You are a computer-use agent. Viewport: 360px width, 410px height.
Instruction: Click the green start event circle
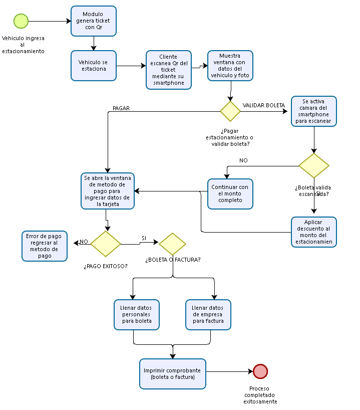pos(21,21)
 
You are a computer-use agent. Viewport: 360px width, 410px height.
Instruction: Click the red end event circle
pos(260,371)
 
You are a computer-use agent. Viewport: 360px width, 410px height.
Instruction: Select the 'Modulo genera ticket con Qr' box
pos(94,21)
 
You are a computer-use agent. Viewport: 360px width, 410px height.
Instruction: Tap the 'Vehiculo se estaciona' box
pos(94,66)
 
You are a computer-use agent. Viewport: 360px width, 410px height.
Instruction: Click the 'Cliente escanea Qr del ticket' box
pos(169,70)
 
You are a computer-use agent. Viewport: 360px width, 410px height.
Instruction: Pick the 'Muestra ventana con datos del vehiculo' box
pos(230,66)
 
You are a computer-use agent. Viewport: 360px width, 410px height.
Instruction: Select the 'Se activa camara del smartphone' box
pos(314,111)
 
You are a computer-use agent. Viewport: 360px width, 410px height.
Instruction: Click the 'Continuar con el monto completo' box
pos(230,193)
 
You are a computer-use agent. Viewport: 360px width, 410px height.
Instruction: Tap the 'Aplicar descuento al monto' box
pos(314,232)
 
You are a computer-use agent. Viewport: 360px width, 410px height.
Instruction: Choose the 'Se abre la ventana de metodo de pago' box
pos(108,191)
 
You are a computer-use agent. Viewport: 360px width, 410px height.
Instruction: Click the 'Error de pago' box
pos(45,246)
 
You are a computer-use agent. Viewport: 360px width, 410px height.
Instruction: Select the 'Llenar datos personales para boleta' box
pos(137,315)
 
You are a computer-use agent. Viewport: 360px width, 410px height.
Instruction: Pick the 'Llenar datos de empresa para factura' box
pos(208,315)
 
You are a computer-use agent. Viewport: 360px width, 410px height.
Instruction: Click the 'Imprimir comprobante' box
pos(173,373)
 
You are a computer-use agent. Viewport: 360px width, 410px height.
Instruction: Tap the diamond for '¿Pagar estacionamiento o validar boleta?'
pos(230,111)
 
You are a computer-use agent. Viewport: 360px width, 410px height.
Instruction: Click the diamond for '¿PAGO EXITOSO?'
pos(106,244)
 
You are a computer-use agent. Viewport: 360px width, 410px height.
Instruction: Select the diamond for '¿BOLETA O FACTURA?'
pos(173,244)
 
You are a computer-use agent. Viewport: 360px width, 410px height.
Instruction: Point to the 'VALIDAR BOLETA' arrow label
pos(263,105)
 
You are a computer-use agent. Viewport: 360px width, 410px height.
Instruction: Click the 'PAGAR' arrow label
pos(121,108)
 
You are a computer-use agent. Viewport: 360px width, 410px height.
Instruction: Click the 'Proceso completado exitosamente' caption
pos(260,395)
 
